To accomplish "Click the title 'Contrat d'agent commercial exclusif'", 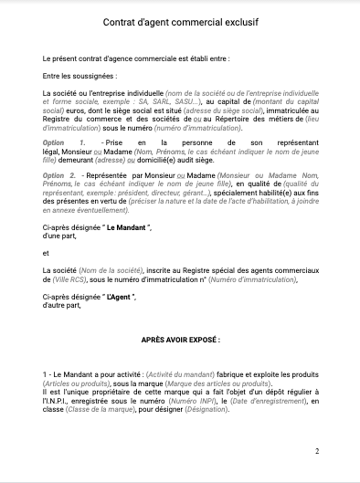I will click(x=179, y=30).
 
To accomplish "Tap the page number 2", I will click(x=317, y=451).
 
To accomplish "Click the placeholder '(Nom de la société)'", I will click(x=109, y=271).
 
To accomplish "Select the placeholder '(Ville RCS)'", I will click(x=69, y=280).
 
